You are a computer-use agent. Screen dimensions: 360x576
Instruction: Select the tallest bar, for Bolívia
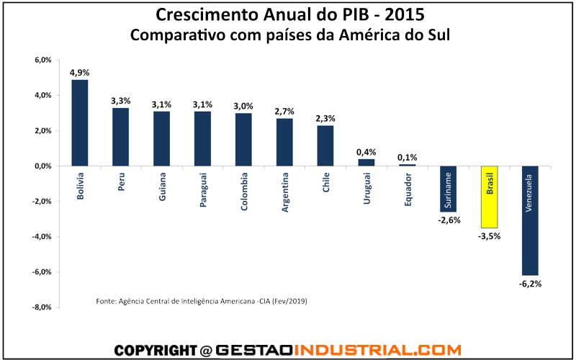[x=79, y=122]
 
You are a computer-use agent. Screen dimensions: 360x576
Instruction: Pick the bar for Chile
[x=325, y=145]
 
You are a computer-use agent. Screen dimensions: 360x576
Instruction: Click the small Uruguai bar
[x=366, y=162]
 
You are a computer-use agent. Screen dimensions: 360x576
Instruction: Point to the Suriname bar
[x=449, y=189]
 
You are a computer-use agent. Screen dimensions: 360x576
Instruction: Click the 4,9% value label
[x=79, y=73]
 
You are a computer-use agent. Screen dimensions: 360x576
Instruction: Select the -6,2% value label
[x=530, y=284]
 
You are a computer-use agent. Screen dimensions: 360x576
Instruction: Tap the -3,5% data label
[x=490, y=235]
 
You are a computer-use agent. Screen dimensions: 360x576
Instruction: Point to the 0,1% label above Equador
[x=408, y=157]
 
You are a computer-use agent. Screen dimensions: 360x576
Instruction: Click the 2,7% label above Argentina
[x=284, y=112]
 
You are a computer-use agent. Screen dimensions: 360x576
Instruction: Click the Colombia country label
[x=244, y=191]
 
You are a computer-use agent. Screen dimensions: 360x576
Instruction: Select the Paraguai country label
[x=203, y=189]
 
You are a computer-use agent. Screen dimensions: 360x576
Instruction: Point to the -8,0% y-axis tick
[x=41, y=307]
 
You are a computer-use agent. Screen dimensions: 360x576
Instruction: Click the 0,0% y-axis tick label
[x=42, y=166]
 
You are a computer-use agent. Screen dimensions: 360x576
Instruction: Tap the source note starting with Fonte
[x=202, y=300]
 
